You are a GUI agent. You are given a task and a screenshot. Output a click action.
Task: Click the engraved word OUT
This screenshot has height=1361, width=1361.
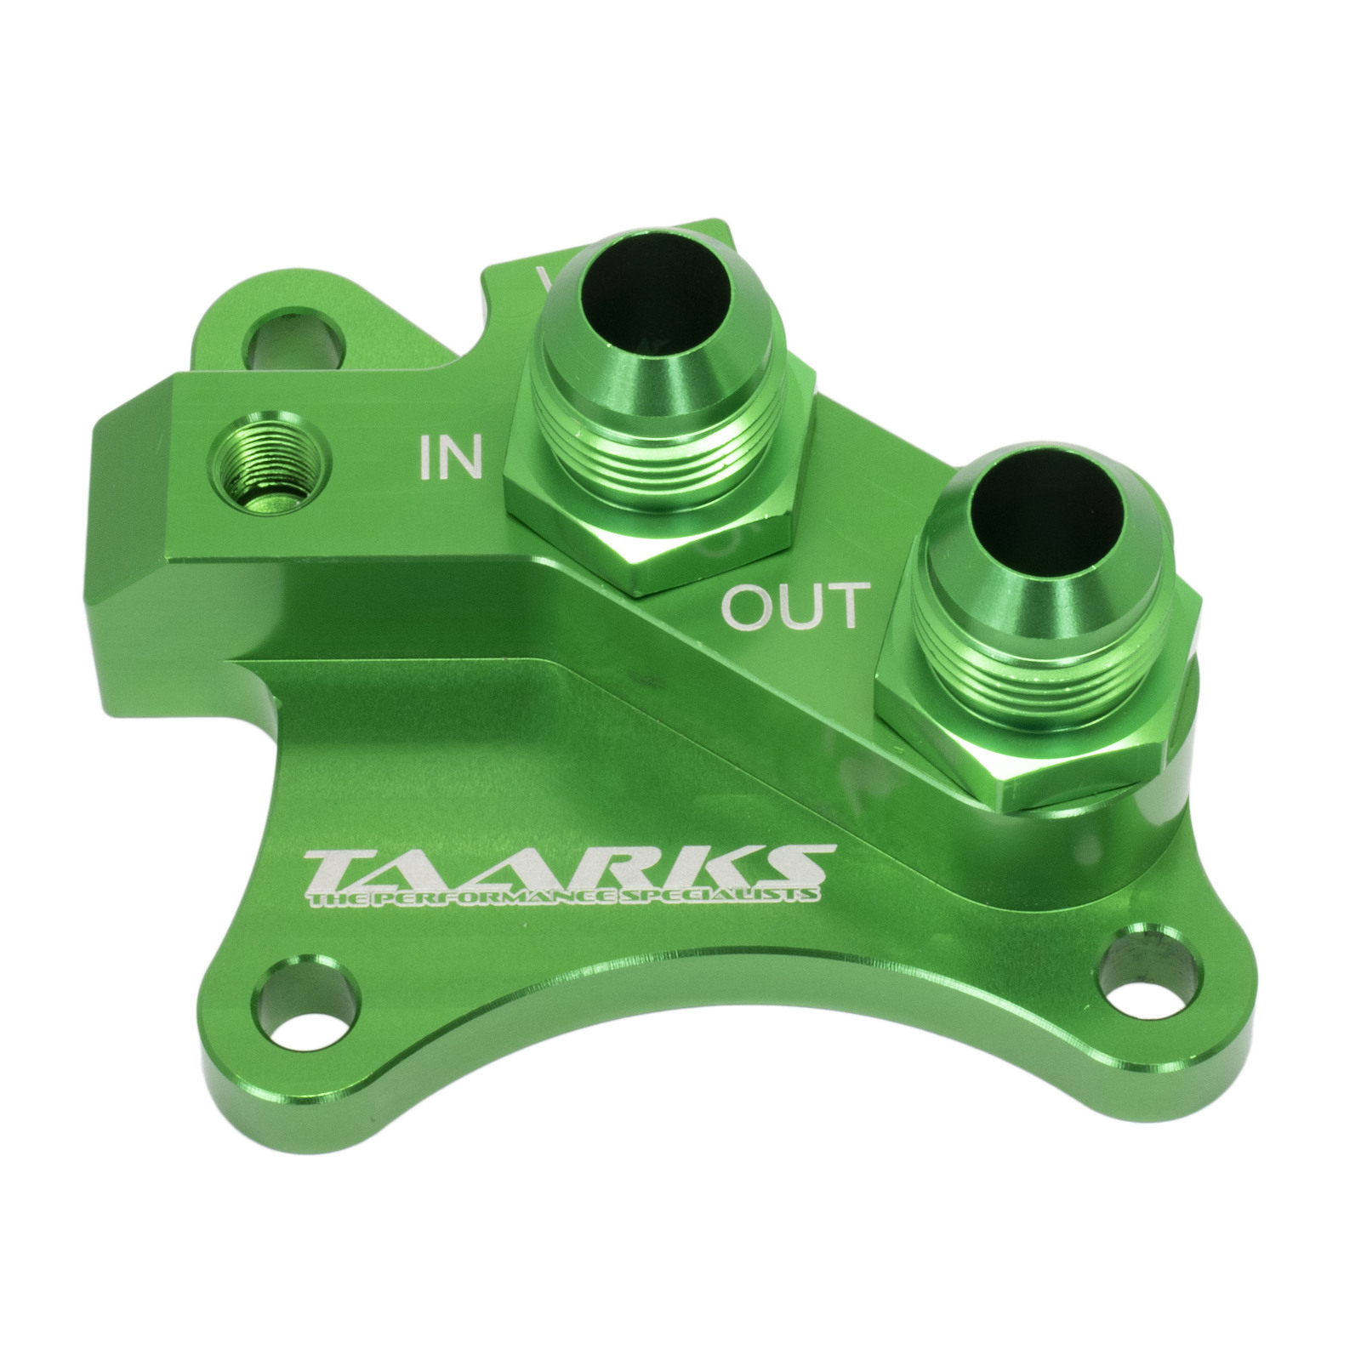pyautogui.click(x=795, y=606)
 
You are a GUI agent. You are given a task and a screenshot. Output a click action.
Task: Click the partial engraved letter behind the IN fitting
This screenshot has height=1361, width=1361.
pyautogui.click(x=544, y=280)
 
